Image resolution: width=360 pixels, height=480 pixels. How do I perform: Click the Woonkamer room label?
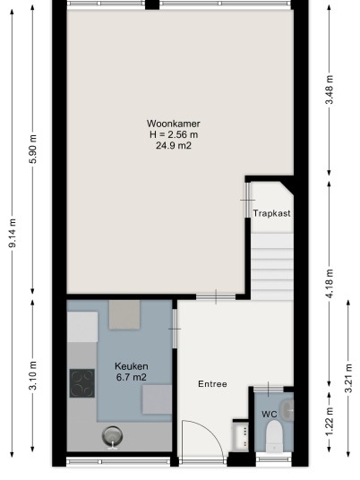pos(173,124)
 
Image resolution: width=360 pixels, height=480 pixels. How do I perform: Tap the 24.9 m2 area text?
pos(174,145)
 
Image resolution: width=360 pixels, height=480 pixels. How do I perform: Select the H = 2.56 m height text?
pos(174,134)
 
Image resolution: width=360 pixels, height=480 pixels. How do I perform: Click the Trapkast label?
pos(271,213)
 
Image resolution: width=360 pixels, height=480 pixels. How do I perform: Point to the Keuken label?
pos(132,366)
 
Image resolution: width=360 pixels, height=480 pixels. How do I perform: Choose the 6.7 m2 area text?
pos(132,377)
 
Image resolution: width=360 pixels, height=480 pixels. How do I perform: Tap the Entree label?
pos(212,384)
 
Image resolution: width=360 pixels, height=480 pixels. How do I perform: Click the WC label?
pos(270,415)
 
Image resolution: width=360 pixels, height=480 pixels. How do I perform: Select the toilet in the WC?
pos(274,436)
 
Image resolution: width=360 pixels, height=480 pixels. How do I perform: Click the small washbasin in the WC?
pos(287,409)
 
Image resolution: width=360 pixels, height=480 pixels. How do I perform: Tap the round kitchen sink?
pos(112,437)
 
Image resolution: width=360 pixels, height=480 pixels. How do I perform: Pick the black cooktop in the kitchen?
pos(82,383)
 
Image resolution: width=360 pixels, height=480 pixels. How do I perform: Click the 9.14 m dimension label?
pos(13,233)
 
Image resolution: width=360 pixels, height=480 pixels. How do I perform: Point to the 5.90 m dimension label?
pos(33,149)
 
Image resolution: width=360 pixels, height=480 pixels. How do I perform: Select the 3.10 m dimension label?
pos(33,375)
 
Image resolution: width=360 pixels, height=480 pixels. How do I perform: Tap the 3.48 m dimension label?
pos(330,90)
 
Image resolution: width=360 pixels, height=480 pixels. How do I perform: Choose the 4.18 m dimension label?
pos(330,283)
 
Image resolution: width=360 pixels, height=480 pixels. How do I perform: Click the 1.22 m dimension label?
pos(330,422)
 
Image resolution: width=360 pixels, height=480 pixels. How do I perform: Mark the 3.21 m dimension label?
pos(348,378)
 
